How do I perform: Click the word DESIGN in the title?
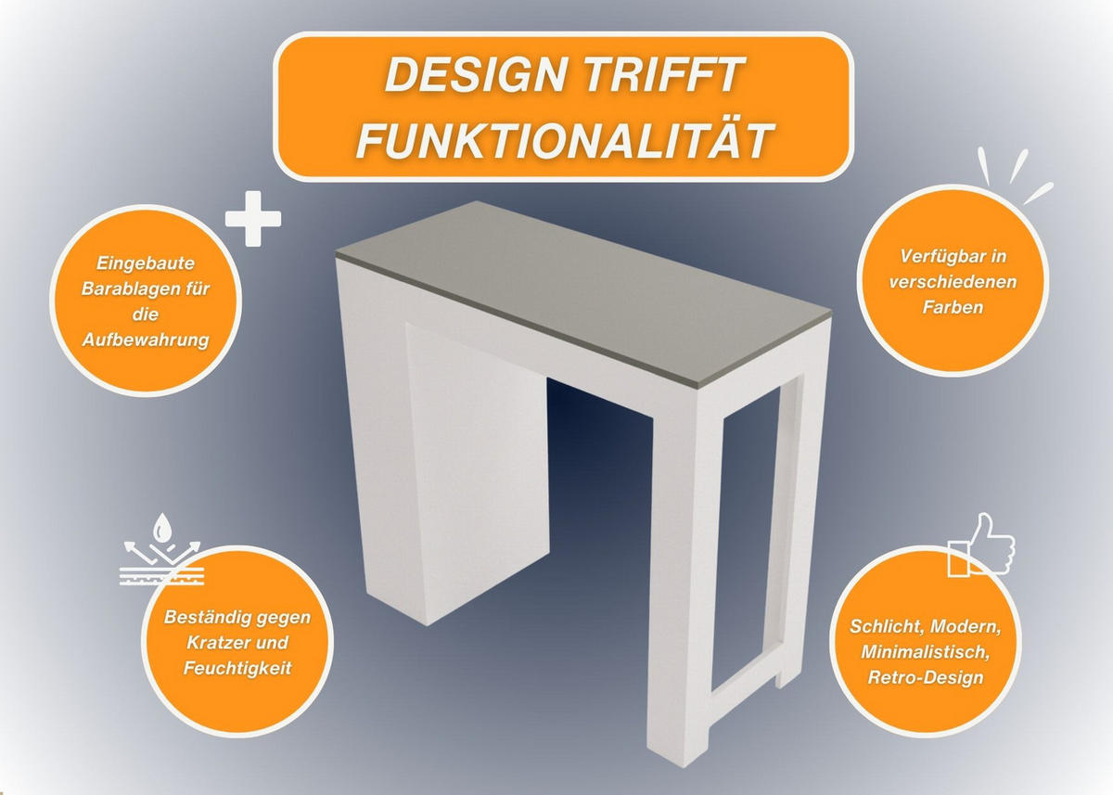(x=476, y=75)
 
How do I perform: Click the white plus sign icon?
(x=253, y=219)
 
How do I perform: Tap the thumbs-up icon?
(x=981, y=545)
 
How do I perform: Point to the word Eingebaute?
(x=145, y=263)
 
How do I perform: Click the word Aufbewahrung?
(x=145, y=340)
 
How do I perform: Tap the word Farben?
(x=953, y=308)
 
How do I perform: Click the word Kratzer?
(x=218, y=643)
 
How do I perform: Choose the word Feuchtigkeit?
(x=237, y=668)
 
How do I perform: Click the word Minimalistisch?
(x=926, y=652)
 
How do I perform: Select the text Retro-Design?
(x=926, y=678)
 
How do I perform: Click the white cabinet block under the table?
(x=477, y=472)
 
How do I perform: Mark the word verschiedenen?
(x=953, y=282)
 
